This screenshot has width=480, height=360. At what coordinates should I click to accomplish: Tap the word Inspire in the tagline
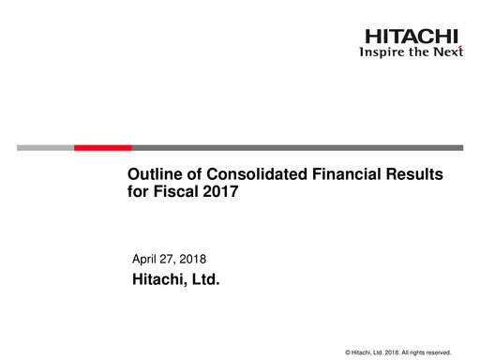coord(382,52)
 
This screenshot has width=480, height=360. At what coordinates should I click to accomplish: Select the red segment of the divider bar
coord(102,147)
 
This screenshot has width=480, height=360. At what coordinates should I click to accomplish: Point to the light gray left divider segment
coord(45,147)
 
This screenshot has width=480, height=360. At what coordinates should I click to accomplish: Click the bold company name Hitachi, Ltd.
coord(175,278)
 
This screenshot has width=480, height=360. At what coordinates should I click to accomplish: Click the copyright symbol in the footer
coord(348,352)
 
